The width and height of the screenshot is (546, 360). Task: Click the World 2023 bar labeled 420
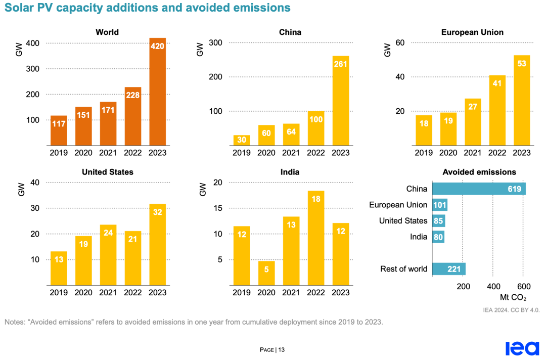point(157,92)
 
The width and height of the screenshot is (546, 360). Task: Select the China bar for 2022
point(316,128)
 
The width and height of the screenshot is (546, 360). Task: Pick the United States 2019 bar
point(59,268)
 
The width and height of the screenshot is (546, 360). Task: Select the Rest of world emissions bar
point(449,269)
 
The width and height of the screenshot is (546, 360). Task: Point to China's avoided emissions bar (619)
point(479,189)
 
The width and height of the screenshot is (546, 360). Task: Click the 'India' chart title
point(290,172)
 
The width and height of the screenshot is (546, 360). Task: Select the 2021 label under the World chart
point(108,153)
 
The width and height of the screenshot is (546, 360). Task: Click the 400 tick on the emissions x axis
point(493,287)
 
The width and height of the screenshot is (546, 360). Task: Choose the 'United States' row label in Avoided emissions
point(403,220)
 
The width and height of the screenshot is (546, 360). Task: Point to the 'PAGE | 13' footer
point(272,349)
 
